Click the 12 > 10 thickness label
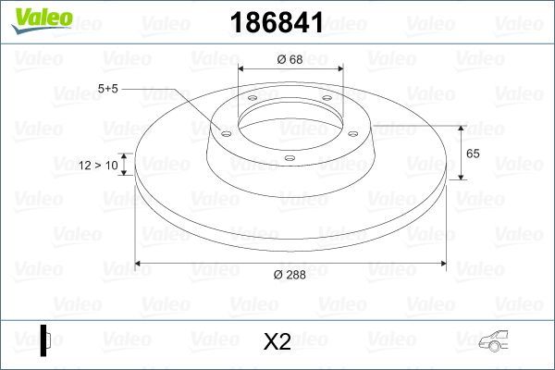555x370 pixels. (x=99, y=165)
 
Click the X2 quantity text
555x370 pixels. (x=277, y=341)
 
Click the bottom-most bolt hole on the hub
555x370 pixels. (x=290, y=158)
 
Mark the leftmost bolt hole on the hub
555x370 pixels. (x=226, y=132)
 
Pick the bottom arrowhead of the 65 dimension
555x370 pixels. (x=461, y=177)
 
